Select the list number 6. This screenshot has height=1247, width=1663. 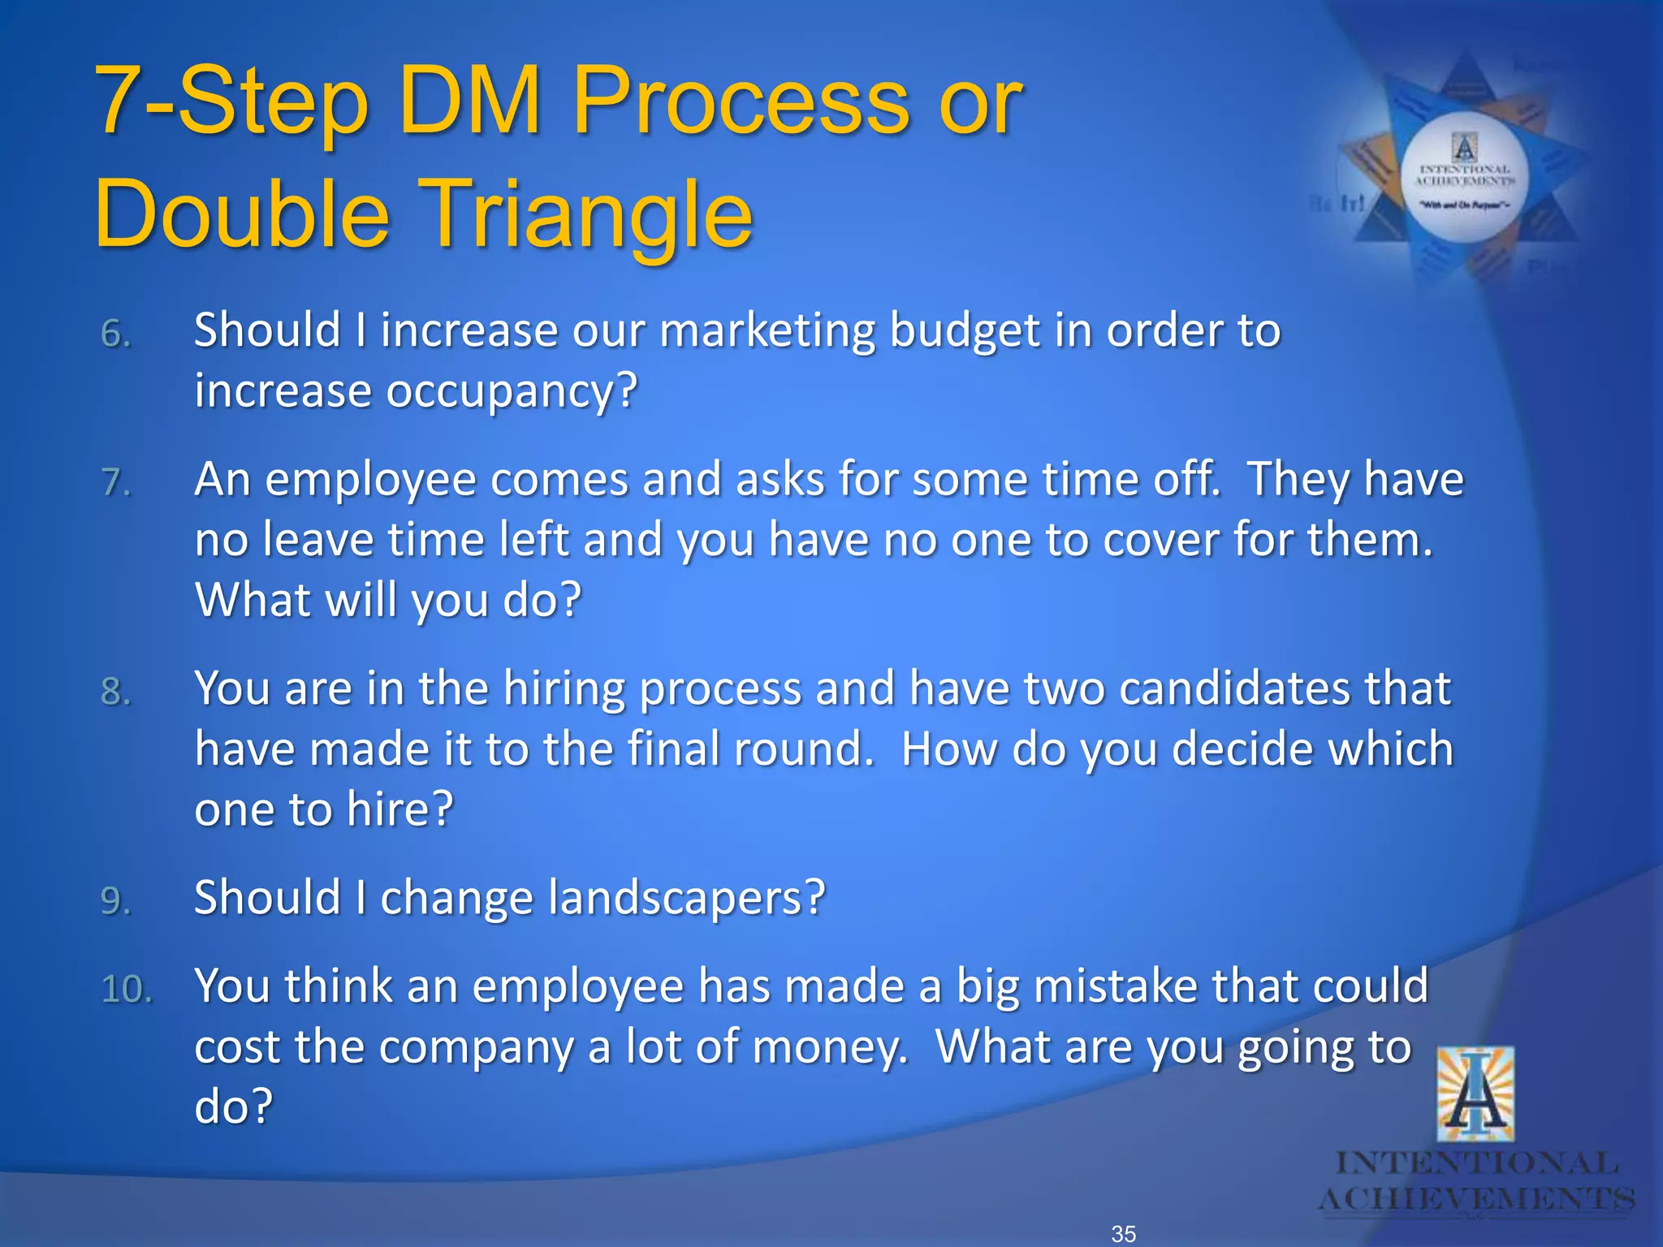coord(116,334)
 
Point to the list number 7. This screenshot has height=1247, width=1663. coord(116,482)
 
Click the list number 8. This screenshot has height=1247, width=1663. coord(116,692)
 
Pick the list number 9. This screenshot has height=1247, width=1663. coord(116,900)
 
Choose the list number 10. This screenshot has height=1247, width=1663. coord(127,989)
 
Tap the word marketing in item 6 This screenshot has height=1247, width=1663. coord(767,331)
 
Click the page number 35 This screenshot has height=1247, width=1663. coord(1124,1233)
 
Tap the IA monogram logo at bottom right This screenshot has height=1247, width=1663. coord(1475,1094)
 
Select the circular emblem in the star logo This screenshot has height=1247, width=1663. coord(1464,177)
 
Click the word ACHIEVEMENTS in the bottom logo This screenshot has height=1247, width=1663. coord(1475,1199)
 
